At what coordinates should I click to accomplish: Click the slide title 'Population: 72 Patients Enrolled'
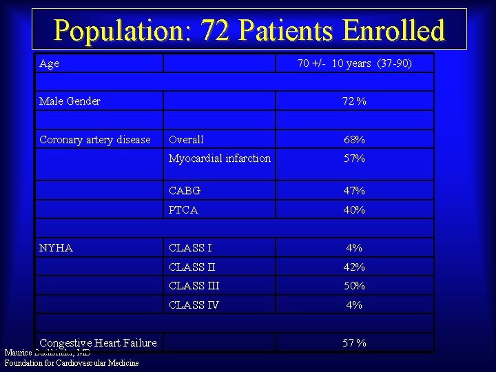249,30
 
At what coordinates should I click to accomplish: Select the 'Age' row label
50,63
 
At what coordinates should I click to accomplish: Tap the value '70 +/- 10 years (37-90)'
354,63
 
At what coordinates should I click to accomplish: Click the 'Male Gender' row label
70,101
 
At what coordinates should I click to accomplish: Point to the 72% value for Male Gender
354,101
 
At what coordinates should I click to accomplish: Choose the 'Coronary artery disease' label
94,140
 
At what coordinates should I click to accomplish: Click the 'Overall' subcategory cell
186,140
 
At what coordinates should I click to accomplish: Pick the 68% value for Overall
354,140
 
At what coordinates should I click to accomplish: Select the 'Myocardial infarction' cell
220,158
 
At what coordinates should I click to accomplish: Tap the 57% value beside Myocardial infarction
354,158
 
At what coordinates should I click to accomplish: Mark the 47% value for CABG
354,191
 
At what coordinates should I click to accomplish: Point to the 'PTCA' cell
183,210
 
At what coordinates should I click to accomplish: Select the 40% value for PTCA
354,210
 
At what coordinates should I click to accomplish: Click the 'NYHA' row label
56,248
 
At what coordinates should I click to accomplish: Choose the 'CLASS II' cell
192,267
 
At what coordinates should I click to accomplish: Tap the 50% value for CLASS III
354,286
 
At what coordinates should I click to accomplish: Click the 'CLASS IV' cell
194,305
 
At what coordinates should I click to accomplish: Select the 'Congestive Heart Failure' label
98,342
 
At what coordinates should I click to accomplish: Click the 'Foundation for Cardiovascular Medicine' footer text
72,363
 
